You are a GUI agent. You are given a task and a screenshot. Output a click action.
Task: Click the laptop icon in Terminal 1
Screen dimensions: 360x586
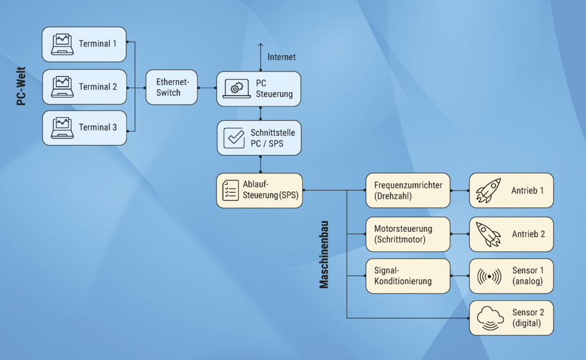coord(62,44)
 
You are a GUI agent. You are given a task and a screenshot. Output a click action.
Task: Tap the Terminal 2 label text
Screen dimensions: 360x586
coord(98,87)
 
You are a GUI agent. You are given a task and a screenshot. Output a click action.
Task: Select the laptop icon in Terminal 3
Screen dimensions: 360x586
coord(62,128)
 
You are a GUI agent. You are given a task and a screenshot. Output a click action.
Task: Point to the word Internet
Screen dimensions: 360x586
coord(282,57)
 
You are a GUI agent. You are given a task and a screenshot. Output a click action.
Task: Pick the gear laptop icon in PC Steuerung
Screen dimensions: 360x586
coord(234,88)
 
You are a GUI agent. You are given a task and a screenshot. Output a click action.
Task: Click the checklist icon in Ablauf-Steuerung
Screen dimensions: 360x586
coord(231,190)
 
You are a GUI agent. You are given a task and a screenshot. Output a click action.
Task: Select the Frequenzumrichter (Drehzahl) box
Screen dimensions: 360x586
coord(407,190)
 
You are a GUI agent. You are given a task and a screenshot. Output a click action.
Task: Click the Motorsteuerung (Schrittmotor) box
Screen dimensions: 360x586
coord(407,234)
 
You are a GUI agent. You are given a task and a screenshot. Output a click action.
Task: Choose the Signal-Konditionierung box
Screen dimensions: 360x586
coord(407,276)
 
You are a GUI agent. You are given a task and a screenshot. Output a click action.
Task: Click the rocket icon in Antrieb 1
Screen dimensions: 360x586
coord(488,191)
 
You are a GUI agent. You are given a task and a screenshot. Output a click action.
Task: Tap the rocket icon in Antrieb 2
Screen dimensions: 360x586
coord(488,234)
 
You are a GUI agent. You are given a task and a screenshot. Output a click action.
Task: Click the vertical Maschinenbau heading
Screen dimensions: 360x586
coord(324,251)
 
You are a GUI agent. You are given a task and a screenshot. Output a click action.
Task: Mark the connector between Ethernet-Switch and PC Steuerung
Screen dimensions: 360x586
coord(207,88)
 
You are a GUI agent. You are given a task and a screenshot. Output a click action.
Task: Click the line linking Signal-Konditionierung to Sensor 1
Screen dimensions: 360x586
coord(460,276)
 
